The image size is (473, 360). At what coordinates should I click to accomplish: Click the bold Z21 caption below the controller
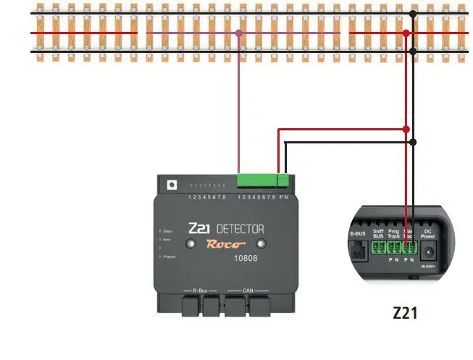405,314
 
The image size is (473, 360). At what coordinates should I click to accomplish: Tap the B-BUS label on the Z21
357,234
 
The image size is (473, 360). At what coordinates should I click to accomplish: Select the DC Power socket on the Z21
428,253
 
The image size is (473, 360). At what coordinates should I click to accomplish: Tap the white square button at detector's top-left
171,185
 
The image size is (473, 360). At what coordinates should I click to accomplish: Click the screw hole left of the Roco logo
189,245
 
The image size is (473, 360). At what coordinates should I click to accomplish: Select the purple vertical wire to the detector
238,109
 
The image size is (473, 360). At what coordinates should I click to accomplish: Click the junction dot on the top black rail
412,14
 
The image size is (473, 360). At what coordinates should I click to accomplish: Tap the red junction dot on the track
406,33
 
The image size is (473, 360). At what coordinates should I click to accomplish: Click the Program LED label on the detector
169,256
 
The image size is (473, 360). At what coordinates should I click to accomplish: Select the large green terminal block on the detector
256,181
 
